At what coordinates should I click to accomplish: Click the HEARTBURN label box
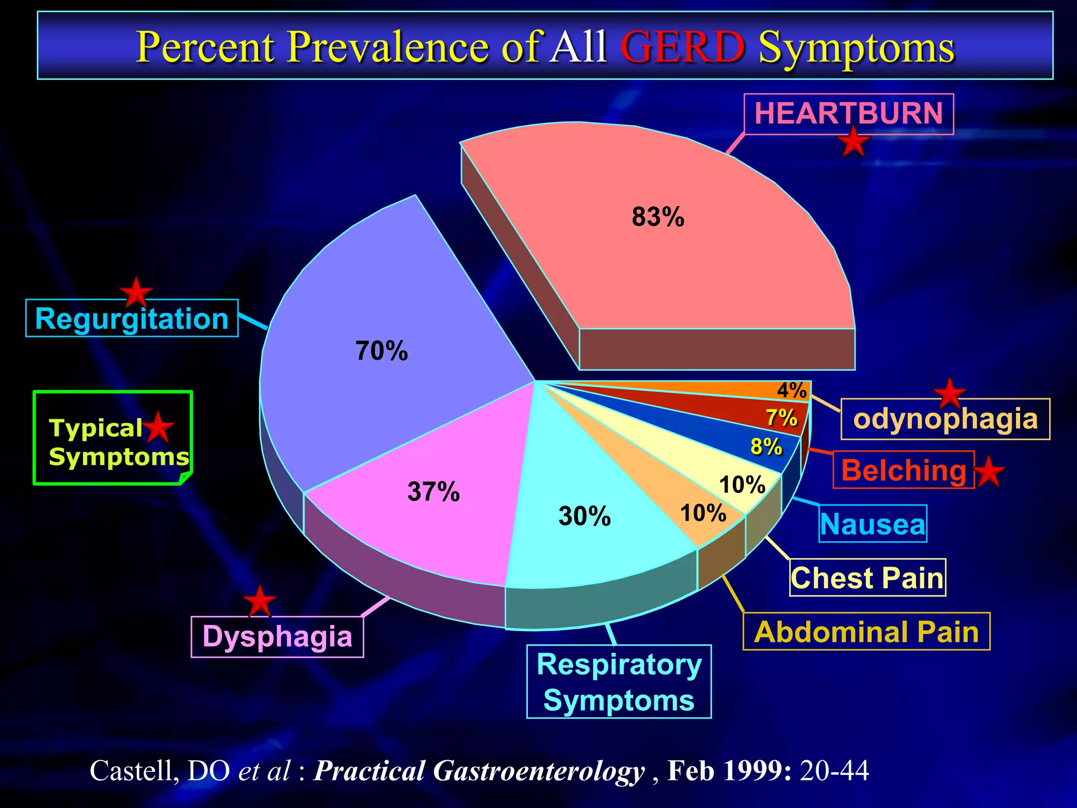[x=848, y=114]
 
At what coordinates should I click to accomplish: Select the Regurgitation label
[x=131, y=318]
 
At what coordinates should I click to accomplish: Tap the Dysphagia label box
[x=277, y=637]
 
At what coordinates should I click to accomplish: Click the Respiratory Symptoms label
[x=619, y=682]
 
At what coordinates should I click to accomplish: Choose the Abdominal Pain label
[x=866, y=631]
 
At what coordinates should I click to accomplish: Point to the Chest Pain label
[x=867, y=578]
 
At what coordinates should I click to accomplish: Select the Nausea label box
[x=873, y=524]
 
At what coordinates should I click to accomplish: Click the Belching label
[x=903, y=470]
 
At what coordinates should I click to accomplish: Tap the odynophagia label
[x=945, y=419]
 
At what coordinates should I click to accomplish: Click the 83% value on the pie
[x=658, y=217]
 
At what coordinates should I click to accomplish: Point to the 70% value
[x=381, y=351]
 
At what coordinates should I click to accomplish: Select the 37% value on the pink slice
[x=433, y=492]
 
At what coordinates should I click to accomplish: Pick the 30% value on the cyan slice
[x=584, y=516]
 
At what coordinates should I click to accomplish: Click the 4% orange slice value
[x=791, y=390]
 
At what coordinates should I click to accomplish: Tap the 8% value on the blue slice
[x=766, y=447]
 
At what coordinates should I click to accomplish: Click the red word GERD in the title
[x=683, y=47]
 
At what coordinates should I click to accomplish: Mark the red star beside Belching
[x=989, y=471]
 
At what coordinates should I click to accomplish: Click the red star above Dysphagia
[x=260, y=600]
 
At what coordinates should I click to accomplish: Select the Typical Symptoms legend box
[x=113, y=438]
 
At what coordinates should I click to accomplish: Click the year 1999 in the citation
[x=755, y=771]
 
